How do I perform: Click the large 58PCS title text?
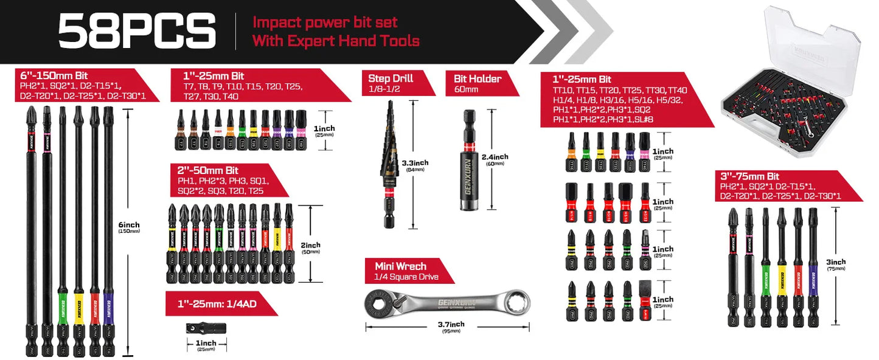(137, 32)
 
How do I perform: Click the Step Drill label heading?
(391, 78)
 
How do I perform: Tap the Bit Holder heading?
(478, 78)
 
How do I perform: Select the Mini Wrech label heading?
(400, 266)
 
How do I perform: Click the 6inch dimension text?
(129, 225)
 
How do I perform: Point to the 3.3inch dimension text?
(415, 163)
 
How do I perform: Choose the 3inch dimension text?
(836, 262)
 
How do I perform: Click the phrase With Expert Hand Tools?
(336, 41)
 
